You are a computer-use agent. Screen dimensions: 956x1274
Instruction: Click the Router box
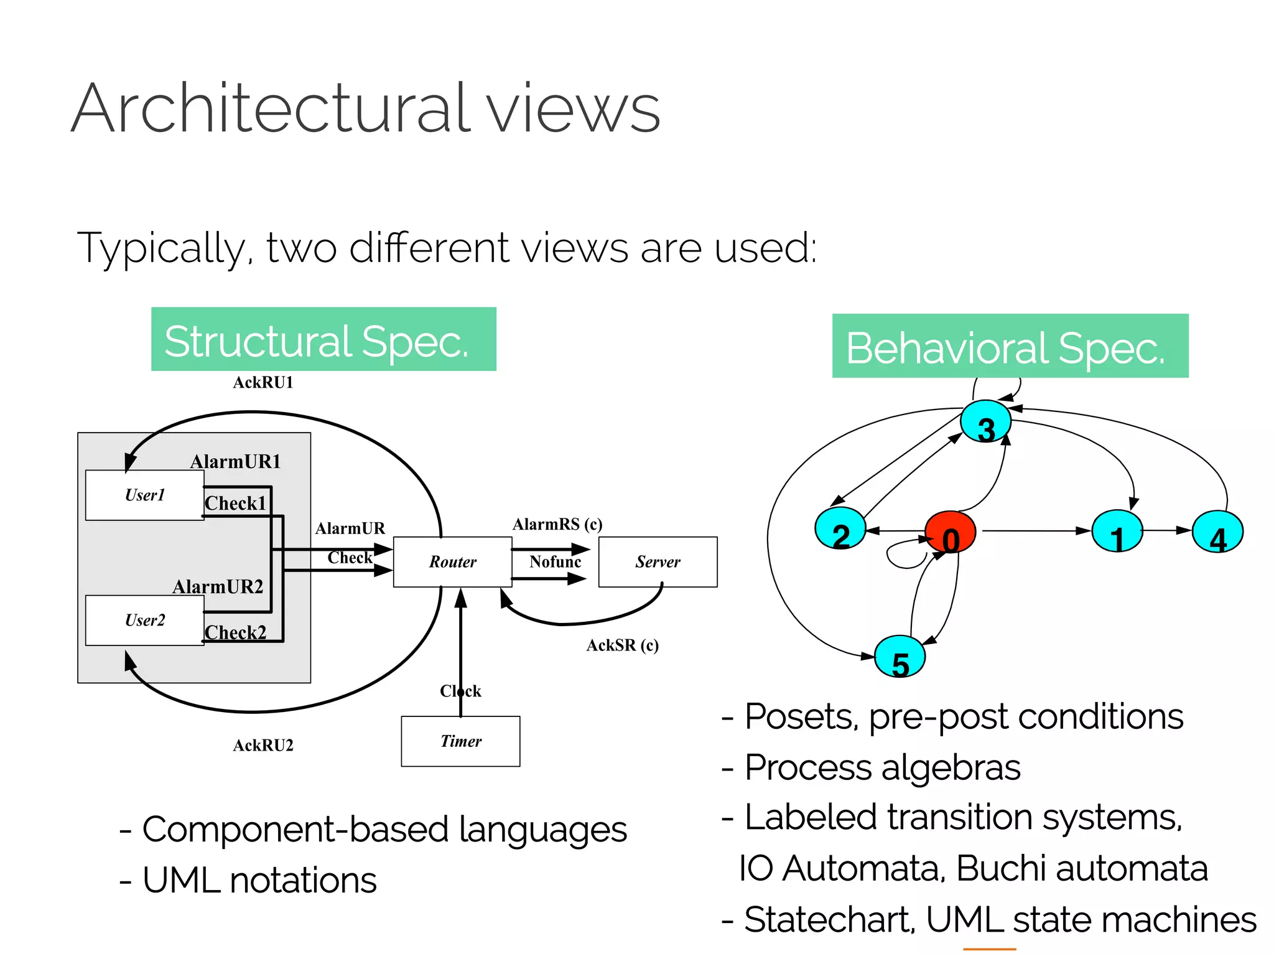[x=452, y=561]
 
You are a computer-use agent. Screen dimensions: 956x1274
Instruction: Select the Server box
[x=658, y=561]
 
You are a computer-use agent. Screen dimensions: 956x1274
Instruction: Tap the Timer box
[x=460, y=741]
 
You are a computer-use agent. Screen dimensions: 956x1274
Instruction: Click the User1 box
[x=144, y=495]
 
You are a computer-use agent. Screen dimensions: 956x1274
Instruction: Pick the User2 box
[x=144, y=620]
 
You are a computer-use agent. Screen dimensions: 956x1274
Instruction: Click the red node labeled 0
[x=950, y=533]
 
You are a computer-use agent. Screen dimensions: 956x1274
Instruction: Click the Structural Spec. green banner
[x=323, y=340]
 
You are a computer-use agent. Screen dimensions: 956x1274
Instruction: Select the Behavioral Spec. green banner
[x=1010, y=346]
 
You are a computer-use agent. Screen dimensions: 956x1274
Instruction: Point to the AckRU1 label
[x=263, y=382]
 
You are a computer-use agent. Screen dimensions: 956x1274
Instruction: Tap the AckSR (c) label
[x=622, y=645]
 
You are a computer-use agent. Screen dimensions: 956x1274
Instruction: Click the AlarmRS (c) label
[x=557, y=524]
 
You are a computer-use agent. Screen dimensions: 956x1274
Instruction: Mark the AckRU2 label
[x=263, y=745]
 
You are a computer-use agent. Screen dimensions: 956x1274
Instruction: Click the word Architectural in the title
[x=271, y=109]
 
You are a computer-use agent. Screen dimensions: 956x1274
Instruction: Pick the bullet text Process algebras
[x=881, y=767]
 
